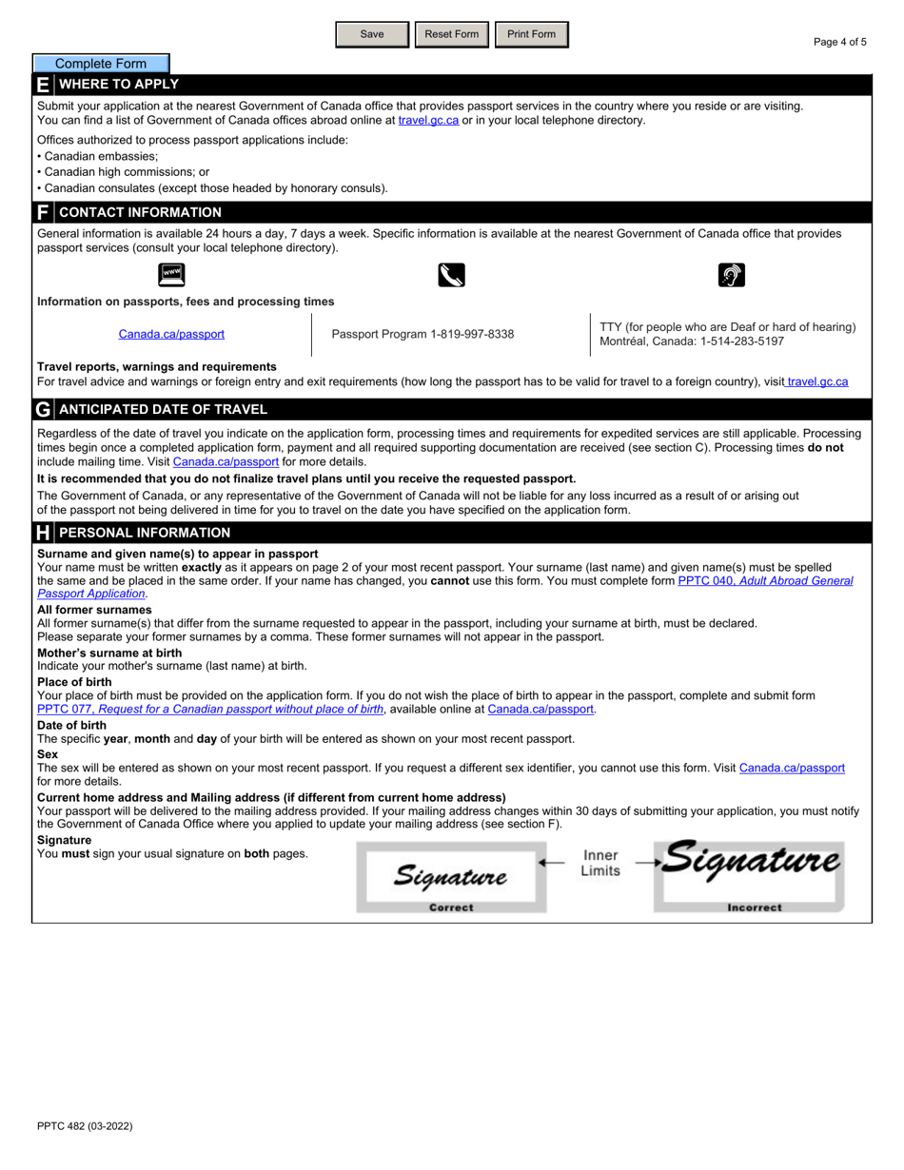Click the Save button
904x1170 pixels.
[372, 34]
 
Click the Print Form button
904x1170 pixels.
[531, 34]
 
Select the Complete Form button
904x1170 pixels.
[101, 64]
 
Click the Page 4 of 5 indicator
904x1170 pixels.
[839, 42]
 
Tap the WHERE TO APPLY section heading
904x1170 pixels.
[119, 85]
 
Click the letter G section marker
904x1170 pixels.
[43, 410]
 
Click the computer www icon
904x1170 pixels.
[171, 276]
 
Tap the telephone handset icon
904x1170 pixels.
[451, 276]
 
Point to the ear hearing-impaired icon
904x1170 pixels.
[731, 276]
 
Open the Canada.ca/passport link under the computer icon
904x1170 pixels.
[171, 334]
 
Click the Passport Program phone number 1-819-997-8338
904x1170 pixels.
[423, 334]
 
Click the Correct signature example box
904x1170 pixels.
[451, 877]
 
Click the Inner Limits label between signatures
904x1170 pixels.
[600, 863]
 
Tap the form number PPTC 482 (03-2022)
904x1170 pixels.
[85, 1126]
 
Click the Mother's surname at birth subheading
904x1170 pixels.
[109, 653]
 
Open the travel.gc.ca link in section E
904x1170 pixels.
[428, 120]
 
